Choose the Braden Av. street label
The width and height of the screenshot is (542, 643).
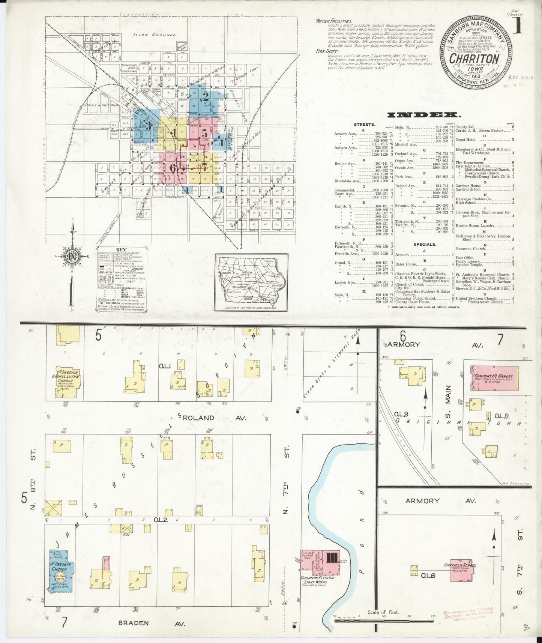pos(134,623)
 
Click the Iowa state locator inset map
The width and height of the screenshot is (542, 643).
pos(251,282)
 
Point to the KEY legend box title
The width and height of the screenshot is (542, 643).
pos(122,249)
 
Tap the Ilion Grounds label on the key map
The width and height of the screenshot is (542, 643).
pos(155,35)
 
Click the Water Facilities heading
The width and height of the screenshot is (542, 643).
pos(334,21)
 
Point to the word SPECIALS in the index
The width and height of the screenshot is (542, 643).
pos(425,244)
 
